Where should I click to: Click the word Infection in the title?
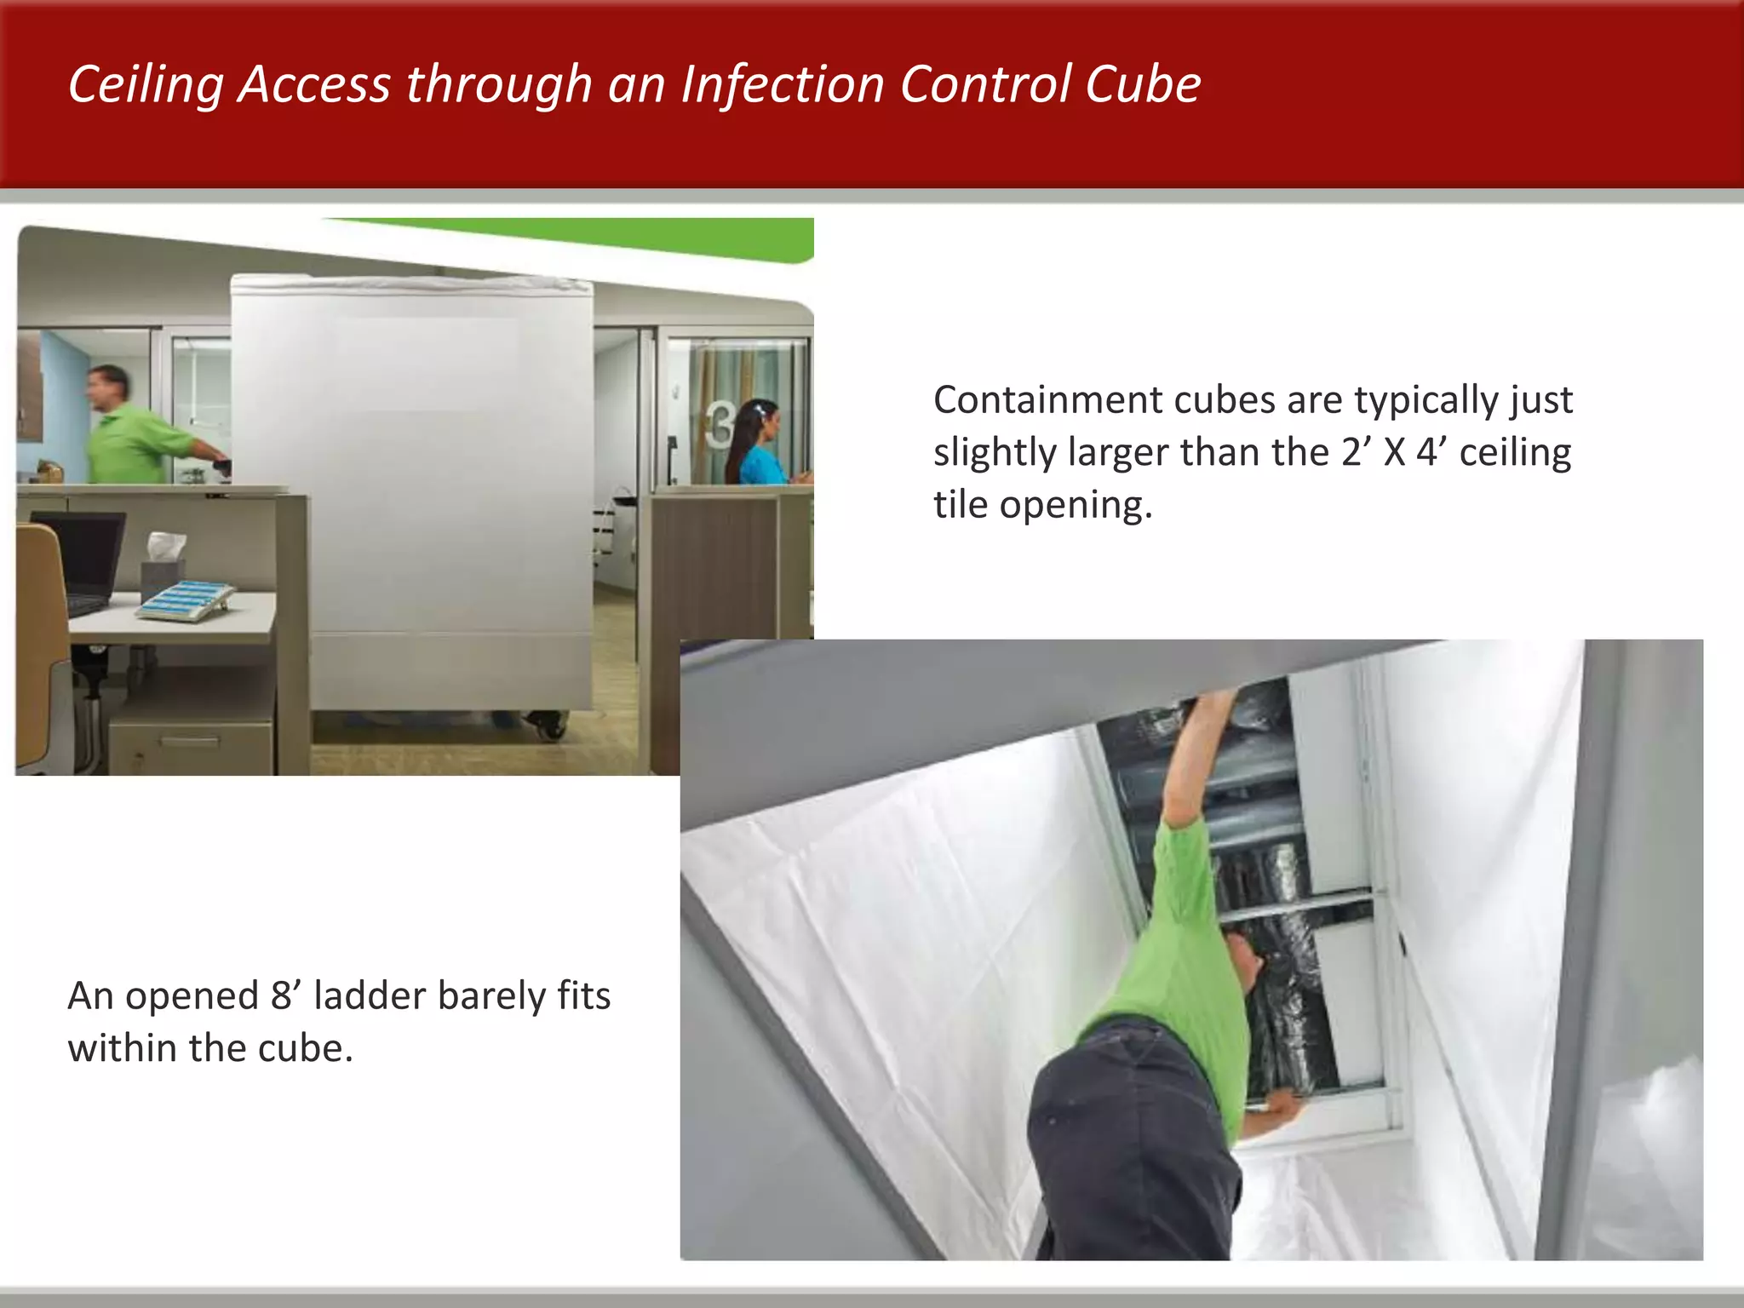783,84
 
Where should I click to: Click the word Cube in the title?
1142,84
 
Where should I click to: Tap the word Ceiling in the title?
145,86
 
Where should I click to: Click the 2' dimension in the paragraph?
1355,452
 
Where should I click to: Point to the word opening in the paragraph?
1076,505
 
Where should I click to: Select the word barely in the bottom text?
490,995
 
